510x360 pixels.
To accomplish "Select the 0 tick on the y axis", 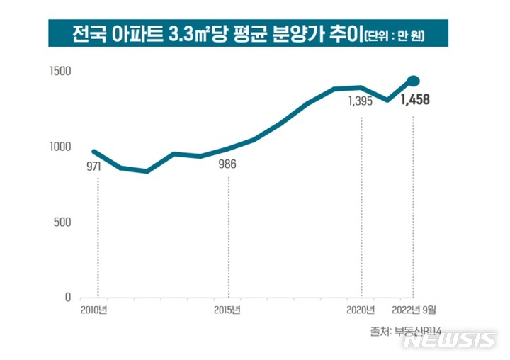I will click(67, 298).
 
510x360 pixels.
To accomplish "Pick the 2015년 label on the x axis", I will click(228, 310).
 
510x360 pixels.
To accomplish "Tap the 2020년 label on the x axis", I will click(361, 310).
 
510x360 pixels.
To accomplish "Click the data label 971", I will click(94, 167).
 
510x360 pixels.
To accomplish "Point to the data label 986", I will click(227, 165).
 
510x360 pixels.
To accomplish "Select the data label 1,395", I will click(361, 101).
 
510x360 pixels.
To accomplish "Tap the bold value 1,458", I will click(414, 100).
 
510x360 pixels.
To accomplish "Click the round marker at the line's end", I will click(414, 81).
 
